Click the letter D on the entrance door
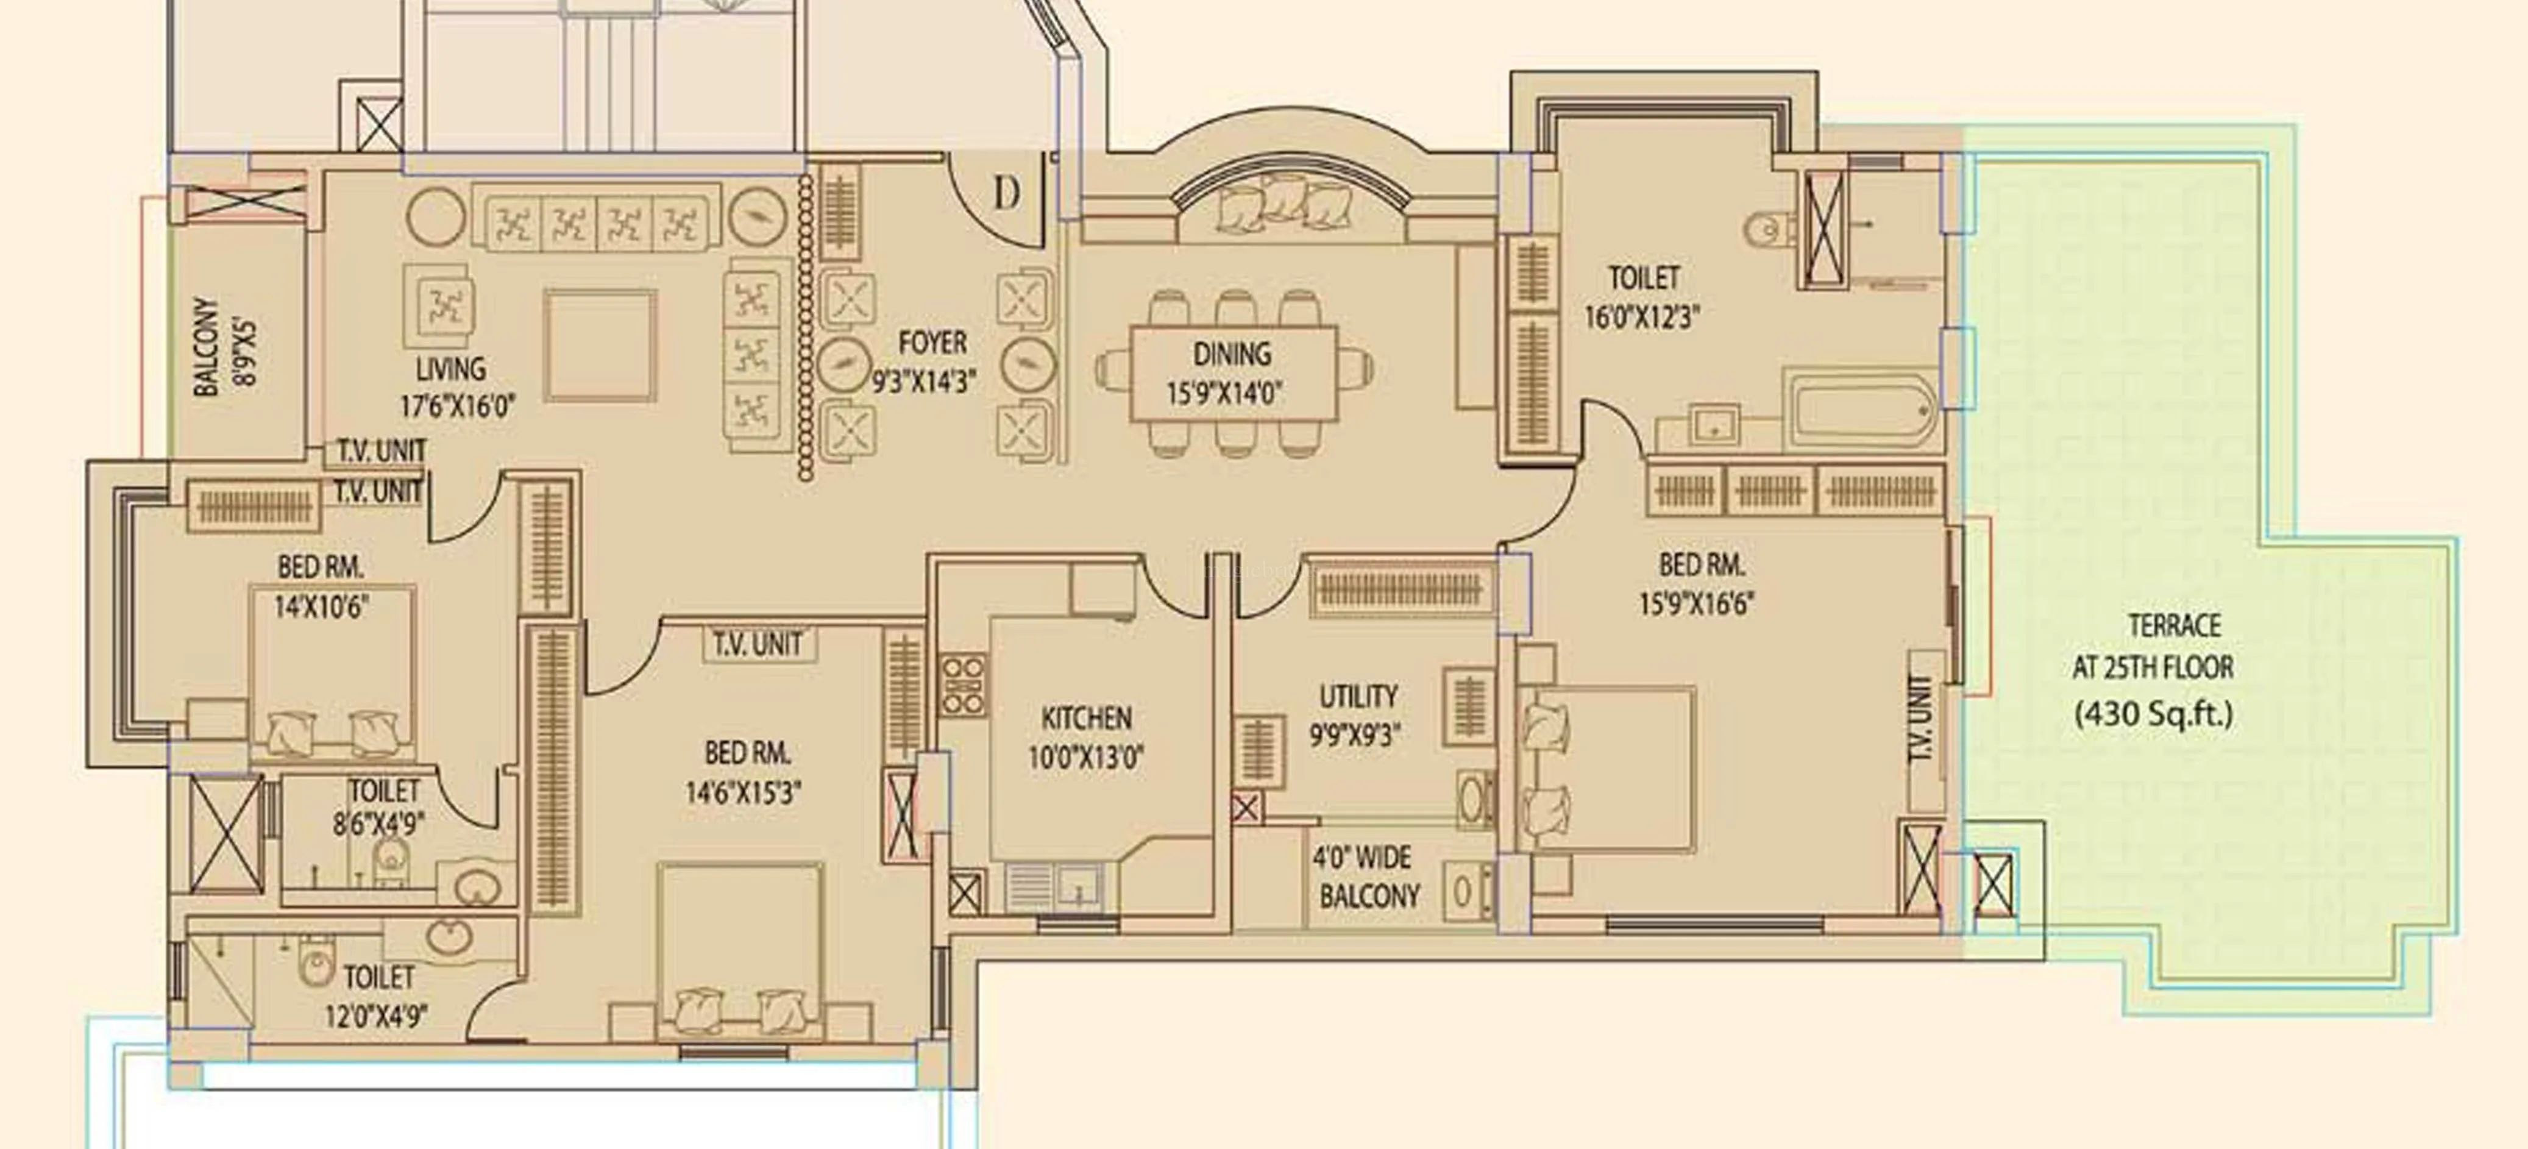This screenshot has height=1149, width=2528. tap(1006, 194)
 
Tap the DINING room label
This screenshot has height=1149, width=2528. tap(1232, 354)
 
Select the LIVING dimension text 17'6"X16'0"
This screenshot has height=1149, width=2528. tap(456, 406)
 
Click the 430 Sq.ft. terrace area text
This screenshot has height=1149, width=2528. tap(2153, 713)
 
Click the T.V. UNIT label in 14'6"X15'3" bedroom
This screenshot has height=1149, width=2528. tap(758, 645)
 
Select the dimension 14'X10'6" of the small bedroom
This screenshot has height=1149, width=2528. tap(321, 607)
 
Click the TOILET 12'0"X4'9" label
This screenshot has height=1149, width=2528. tap(378, 996)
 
